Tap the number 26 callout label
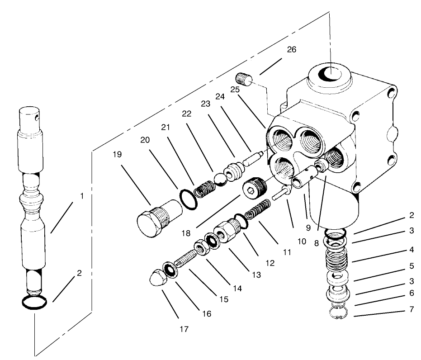coord(292,50)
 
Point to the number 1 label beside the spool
coord(82,196)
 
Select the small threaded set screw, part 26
coord(245,80)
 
